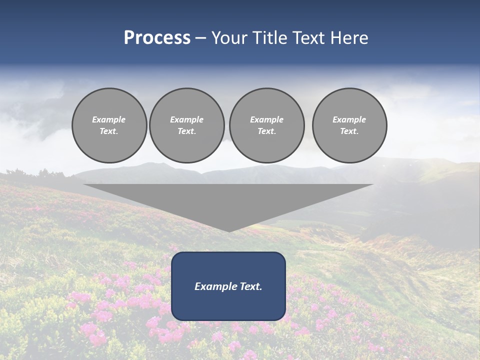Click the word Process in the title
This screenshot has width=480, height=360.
[157, 38]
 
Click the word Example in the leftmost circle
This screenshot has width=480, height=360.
[109, 119]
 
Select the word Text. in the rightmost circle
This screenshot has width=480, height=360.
[349, 131]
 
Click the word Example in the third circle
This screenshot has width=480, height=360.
[266, 119]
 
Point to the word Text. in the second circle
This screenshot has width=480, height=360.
[186, 131]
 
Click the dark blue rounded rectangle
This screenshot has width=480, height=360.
[228, 305]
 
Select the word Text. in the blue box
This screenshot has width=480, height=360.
[251, 286]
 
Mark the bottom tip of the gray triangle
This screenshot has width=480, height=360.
[228, 231]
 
